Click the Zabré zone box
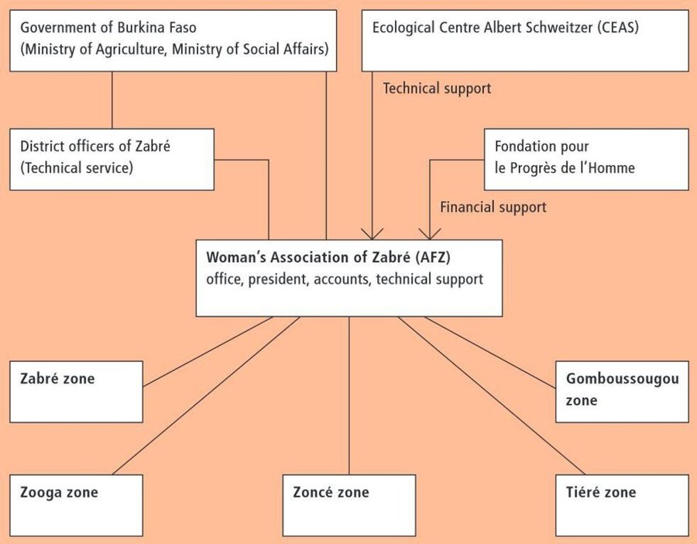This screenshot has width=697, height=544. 77,391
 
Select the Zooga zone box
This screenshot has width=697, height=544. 77,505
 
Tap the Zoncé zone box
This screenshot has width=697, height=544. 349,505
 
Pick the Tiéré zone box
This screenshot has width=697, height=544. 623,505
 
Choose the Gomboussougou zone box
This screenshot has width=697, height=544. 623,391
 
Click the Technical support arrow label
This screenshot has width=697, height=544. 437,88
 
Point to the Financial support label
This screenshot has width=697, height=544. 493,207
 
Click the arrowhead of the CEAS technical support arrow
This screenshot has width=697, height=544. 372,234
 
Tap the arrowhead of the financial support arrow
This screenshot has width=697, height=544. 430,234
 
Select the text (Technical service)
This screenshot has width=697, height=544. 77,167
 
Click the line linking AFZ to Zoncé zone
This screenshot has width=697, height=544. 349,395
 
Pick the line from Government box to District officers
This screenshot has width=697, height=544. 112,100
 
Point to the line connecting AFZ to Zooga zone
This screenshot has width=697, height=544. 206,395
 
